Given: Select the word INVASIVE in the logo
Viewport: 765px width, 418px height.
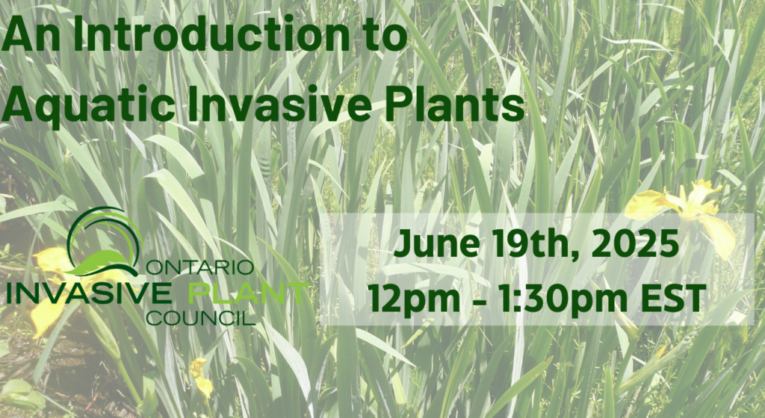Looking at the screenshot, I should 88,292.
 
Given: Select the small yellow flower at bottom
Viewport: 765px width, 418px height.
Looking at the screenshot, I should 200,377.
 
